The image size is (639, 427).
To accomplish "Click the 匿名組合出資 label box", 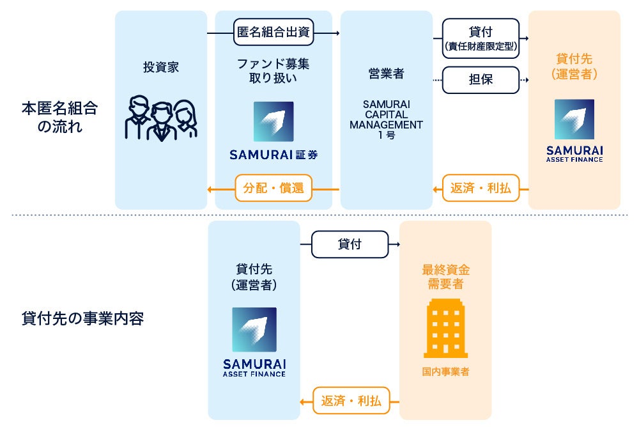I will click(x=273, y=33).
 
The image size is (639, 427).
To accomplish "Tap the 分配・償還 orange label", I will click(x=273, y=189).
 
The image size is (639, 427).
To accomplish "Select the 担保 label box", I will click(x=481, y=80).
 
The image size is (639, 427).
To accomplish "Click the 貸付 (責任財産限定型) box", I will click(x=481, y=36).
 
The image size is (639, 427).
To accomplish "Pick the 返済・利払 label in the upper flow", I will click(x=481, y=189).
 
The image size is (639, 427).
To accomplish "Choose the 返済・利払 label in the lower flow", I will click(x=351, y=401).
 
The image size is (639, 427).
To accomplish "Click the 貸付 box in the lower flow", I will click(x=350, y=244).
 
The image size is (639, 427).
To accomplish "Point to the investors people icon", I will click(x=160, y=118).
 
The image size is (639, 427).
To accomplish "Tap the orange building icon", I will click(x=445, y=328).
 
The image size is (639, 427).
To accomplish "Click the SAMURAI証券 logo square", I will click(x=273, y=121).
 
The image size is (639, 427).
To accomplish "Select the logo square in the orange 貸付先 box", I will click(x=574, y=120).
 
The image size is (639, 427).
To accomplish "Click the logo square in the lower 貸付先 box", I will click(x=254, y=329).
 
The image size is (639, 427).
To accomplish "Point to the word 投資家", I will click(x=160, y=67).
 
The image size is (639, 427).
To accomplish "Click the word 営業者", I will click(x=386, y=74).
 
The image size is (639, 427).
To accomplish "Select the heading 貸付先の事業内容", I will click(x=82, y=318).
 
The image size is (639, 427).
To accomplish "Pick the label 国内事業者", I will click(x=445, y=371).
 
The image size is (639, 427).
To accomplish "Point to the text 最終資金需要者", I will click(x=445, y=277).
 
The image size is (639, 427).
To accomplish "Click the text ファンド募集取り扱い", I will click(x=273, y=71).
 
